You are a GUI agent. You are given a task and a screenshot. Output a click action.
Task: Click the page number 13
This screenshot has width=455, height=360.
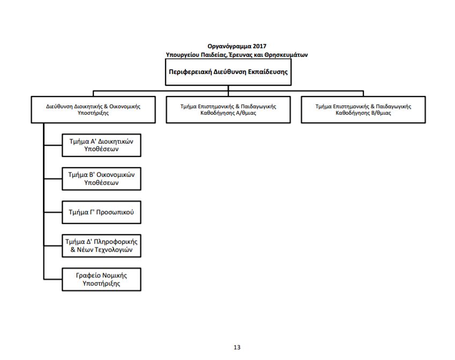pyautogui.click(x=237, y=347)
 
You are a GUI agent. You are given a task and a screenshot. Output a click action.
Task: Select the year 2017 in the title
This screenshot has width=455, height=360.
pyautogui.click(x=259, y=46)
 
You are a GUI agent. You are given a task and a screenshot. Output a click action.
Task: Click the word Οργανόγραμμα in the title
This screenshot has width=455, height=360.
pyautogui.click(x=229, y=47)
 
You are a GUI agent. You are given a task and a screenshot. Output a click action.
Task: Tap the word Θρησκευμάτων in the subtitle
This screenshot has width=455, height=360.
pyautogui.click(x=286, y=55)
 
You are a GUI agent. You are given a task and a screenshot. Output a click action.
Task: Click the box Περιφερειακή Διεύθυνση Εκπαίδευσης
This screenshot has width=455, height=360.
pyautogui.click(x=228, y=72)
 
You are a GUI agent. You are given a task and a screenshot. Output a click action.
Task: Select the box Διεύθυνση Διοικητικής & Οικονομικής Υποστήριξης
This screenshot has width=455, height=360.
pyautogui.click(x=93, y=110)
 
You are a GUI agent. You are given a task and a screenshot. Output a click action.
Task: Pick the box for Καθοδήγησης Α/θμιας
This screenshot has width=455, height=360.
pyautogui.click(x=228, y=110)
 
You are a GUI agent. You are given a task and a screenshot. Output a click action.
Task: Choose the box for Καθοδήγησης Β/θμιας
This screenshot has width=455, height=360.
pyautogui.click(x=363, y=110)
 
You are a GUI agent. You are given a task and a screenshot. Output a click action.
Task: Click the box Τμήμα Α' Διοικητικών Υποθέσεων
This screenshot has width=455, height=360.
pyautogui.click(x=101, y=145)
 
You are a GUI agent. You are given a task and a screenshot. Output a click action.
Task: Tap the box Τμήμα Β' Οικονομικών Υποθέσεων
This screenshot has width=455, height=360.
pyautogui.click(x=101, y=179)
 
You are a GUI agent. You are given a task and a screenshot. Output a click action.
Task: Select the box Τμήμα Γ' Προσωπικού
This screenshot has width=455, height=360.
pyautogui.click(x=101, y=212)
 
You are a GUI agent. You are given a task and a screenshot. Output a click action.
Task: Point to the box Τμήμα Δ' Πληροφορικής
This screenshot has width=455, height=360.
pyautogui.click(x=101, y=246)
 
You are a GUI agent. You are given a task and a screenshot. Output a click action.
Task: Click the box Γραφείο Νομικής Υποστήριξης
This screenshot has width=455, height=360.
pyautogui.click(x=101, y=279)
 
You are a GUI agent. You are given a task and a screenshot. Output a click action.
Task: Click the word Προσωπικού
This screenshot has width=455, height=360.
pyautogui.click(x=115, y=212)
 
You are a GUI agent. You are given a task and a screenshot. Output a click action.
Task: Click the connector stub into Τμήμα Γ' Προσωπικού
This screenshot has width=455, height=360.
pyautogui.click(x=53, y=212)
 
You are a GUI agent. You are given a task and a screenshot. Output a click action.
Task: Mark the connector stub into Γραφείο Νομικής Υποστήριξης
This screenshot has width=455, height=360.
pyautogui.click(x=53, y=279)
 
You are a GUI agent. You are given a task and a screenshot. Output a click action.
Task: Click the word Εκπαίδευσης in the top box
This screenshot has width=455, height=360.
pyautogui.click(x=268, y=72)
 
